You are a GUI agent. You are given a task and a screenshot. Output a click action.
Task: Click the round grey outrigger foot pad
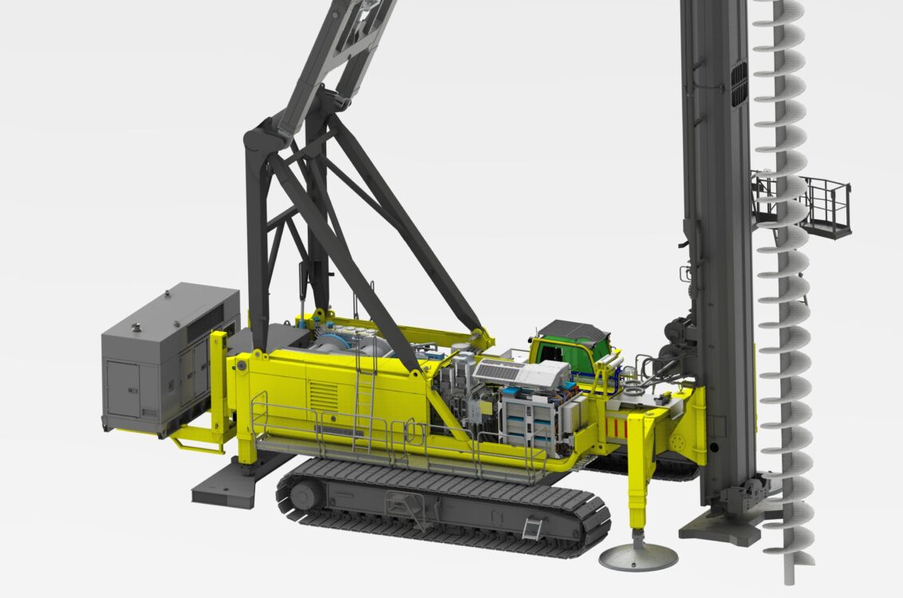point(638,557)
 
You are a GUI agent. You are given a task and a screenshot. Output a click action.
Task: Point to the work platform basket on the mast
point(825,207)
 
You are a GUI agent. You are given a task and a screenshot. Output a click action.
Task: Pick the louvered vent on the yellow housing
point(323,395)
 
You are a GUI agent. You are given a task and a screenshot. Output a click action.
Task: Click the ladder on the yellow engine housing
point(365,391)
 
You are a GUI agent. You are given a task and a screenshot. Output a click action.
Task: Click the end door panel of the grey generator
point(123,388)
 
